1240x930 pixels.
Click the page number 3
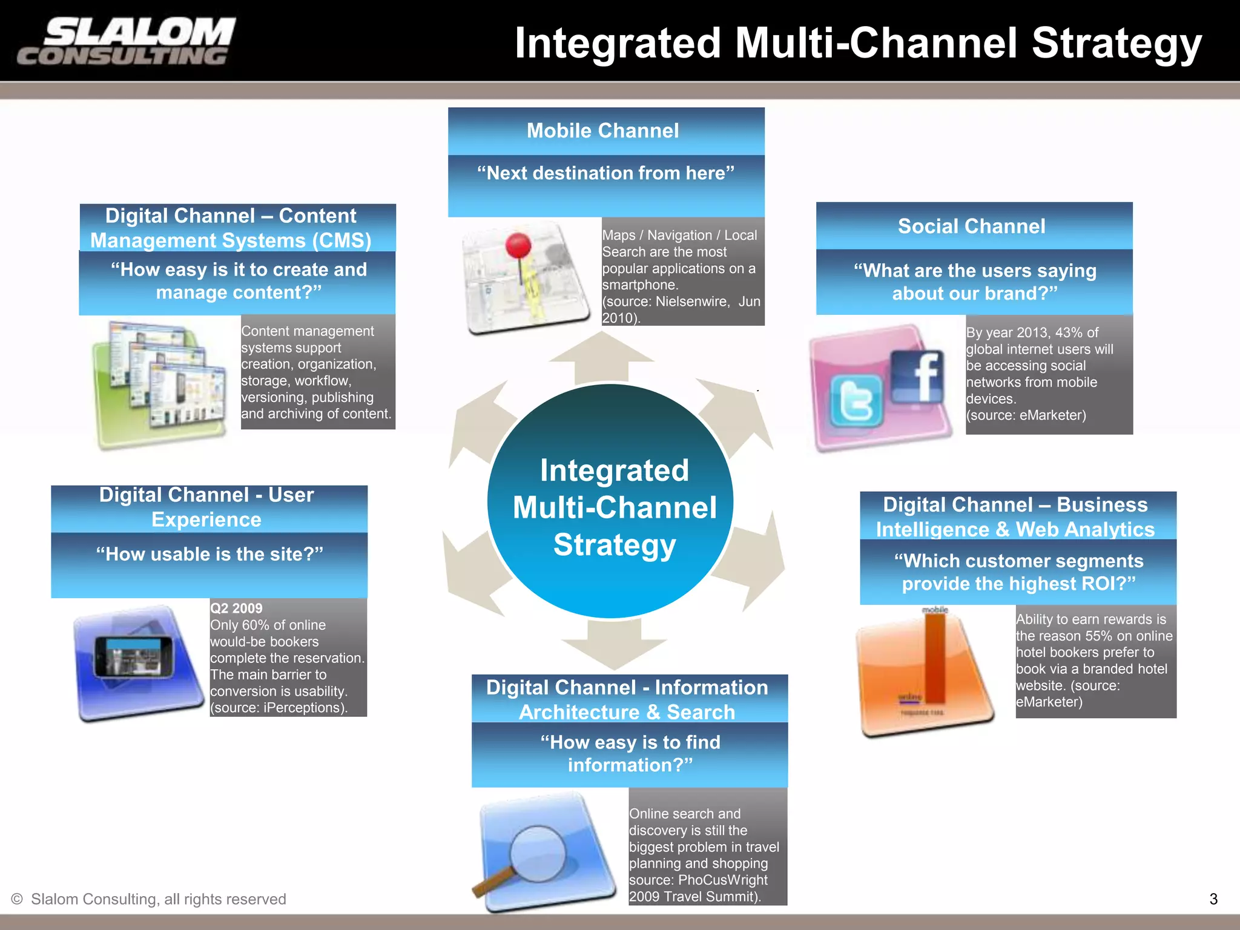click(x=1213, y=899)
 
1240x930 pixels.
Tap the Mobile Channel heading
click(x=603, y=131)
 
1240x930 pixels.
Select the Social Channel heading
click(x=971, y=226)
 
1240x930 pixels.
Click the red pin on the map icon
click(x=518, y=246)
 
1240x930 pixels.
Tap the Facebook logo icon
click(x=918, y=377)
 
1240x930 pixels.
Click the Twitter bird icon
click(x=856, y=399)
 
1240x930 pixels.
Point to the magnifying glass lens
click(x=538, y=854)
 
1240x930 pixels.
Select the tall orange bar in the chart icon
click(x=934, y=657)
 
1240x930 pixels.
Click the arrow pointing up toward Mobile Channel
click(x=602, y=357)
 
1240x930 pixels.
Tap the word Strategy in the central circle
click(x=615, y=545)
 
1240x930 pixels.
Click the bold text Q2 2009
click(x=236, y=608)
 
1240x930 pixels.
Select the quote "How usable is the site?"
click(x=209, y=554)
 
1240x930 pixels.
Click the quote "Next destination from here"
click(x=605, y=173)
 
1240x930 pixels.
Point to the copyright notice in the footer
click(x=149, y=899)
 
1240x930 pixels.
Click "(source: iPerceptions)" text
click(x=279, y=708)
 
